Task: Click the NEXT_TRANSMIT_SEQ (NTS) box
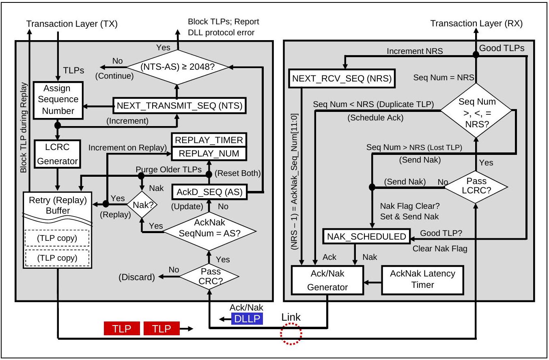(179, 105)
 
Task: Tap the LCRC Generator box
(58, 154)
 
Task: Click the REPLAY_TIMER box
(209, 140)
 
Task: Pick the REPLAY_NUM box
(209, 154)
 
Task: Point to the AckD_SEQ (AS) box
(209, 192)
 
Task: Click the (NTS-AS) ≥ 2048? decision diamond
(178, 67)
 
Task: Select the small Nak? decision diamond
(142, 204)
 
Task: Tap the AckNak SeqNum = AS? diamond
(209, 231)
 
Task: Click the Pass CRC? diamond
(209, 276)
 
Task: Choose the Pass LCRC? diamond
(476, 187)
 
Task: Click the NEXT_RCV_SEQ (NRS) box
(342, 79)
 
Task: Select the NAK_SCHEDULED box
(367, 236)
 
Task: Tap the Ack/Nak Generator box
(327, 280)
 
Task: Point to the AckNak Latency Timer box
(422, 280)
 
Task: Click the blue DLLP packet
(247, 319)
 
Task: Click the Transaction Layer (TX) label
(72, 24)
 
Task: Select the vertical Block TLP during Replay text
(24, 128)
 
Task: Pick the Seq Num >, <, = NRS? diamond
(476, 110)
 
